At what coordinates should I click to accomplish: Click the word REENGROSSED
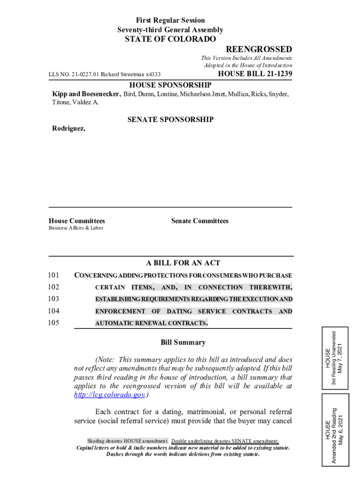[x=259, y=50]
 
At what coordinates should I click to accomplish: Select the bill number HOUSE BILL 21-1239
[x=255, y=74]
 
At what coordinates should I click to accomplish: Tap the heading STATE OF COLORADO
[x=170, y=39]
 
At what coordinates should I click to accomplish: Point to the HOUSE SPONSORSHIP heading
[x=170, y=85]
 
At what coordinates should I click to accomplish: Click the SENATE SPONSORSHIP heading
[x=170, y=120]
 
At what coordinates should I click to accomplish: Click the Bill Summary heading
[x=183, y=342]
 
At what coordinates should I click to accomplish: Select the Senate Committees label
[x=200, y=221]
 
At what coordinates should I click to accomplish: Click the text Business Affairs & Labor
[x=76, y=228]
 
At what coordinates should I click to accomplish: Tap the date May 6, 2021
[x=341, y=430]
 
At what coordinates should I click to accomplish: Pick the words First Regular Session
[x=170, y=20]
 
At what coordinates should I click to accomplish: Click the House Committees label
[x=77, y=221]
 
